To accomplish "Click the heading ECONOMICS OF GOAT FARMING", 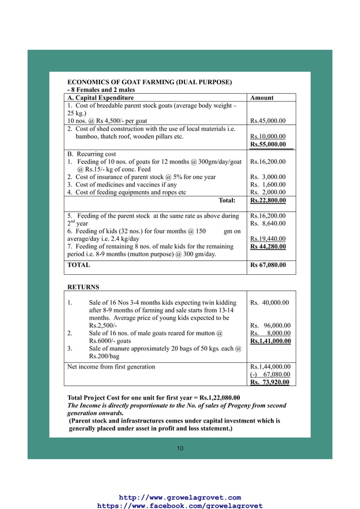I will pyautogui.click(x=150, y=82).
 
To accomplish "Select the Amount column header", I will pyautogui.click(x=262, y=98).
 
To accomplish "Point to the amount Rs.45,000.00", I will pyautogui.click(x=267, y=121).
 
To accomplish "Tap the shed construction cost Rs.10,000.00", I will pyautogui.click(x=267, y=137).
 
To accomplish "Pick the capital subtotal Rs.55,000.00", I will pyautogui.click(x=268, y=144).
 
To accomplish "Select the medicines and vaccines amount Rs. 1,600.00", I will pyautogui.click(x=267, y=185).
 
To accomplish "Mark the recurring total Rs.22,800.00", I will pyautogui.click(x=267, y=200).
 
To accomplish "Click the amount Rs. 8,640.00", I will pyautogui.click(x=267, y=223).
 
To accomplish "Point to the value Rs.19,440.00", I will pyautogui.click(x=267, y=239).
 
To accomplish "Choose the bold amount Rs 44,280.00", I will pyautogui.click(x=267, y=247).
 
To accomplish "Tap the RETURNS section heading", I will pyautogui.click(x=83, y=287).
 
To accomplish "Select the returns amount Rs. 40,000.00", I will pyautogui.click(x=270, y=302).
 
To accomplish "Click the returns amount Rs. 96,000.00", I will pyautogui.click(x=270, y=326).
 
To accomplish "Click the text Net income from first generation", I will pyautogui.click(x=111, y=367).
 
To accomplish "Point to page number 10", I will pyautogui.click(x=180, y=448).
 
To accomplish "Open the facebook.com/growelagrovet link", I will pyautogui.click(x=180, y=506).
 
